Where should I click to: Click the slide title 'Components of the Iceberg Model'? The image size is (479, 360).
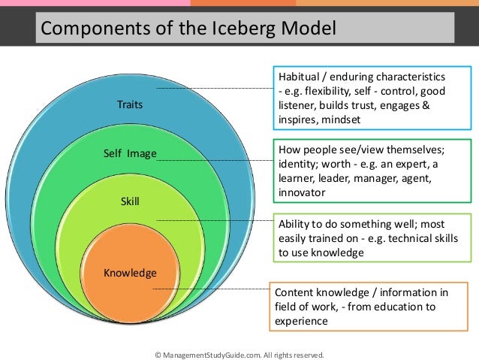click(188, 29)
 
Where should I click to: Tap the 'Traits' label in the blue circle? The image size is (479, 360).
click(129, 105)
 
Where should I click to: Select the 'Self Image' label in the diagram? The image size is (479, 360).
click(129, 154)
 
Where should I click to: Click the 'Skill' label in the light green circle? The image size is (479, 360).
click(129, 201)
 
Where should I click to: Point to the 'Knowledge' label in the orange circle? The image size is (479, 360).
click(129, 272)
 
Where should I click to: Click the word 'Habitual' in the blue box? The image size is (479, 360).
click(298, 77)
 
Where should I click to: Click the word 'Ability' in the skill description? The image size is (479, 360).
click(294, 225)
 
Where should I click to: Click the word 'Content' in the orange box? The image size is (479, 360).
click(294, 292)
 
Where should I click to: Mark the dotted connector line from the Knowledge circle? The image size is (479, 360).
click(210, 288)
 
